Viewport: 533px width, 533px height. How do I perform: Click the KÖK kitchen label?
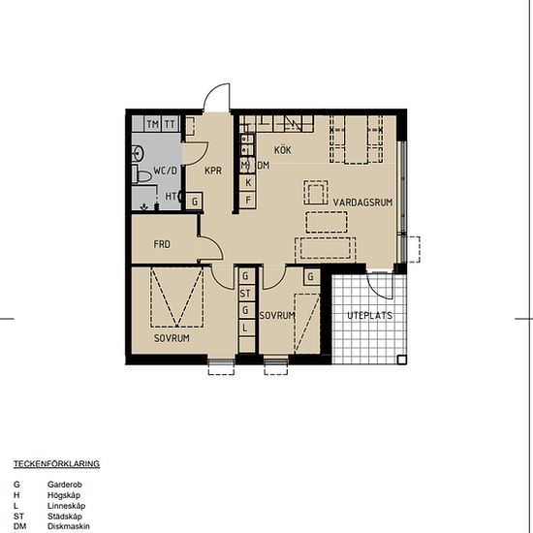[x=283, y=150]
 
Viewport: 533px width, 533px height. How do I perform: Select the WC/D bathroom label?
[x=165, y=172]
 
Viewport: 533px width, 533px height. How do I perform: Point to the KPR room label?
[x=213, y=172]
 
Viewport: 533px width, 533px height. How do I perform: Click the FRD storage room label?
[x=162, y=244]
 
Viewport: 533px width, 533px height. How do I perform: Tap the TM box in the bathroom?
[x=152, y=124]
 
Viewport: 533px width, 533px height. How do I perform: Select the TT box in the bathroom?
[x=170, y=124]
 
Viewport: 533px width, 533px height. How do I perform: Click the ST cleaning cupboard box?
[x=245, y=293]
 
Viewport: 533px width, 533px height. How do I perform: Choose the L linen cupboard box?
[x=245, y=328]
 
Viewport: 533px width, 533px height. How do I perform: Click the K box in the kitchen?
[x=248, y=182]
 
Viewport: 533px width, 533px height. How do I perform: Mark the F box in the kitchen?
[x=248, y=200]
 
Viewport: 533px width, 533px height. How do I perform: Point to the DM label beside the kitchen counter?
[x=263, y=166]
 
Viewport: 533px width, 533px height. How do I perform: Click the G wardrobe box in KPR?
[x=196, y=201]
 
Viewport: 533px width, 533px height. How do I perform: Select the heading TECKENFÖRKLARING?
[x=56, y=464]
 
